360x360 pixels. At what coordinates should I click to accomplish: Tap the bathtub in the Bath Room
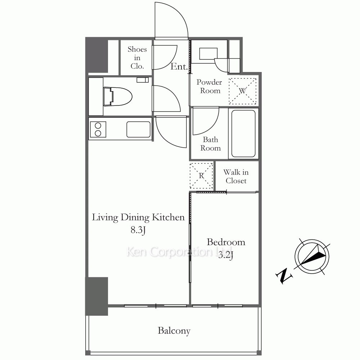[243, 134]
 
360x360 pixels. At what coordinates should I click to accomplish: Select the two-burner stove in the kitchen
[98, 130]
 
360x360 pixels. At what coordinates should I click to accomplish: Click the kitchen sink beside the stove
[139, 130]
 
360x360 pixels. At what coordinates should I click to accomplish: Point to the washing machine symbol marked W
[242, 91]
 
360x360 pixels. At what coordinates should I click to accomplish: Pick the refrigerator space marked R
[201, 176]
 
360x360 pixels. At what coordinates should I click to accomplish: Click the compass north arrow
[312, 256]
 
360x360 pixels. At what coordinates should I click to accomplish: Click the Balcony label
[174, 331]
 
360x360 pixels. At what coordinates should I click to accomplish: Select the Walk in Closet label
[236, 176]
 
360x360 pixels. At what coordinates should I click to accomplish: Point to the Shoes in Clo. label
[137, 58]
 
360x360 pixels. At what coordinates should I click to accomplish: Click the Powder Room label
[210, 86]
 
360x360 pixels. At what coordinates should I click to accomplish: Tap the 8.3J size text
[138, 230]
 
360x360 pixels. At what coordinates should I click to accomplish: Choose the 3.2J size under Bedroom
[226, 255]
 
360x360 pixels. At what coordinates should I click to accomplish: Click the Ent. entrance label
[179, 67]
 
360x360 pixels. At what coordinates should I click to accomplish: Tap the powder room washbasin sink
[208, 54]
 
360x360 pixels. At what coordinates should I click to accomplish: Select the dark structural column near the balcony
[96, 296]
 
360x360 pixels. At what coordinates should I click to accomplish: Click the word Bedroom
[226, 242]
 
